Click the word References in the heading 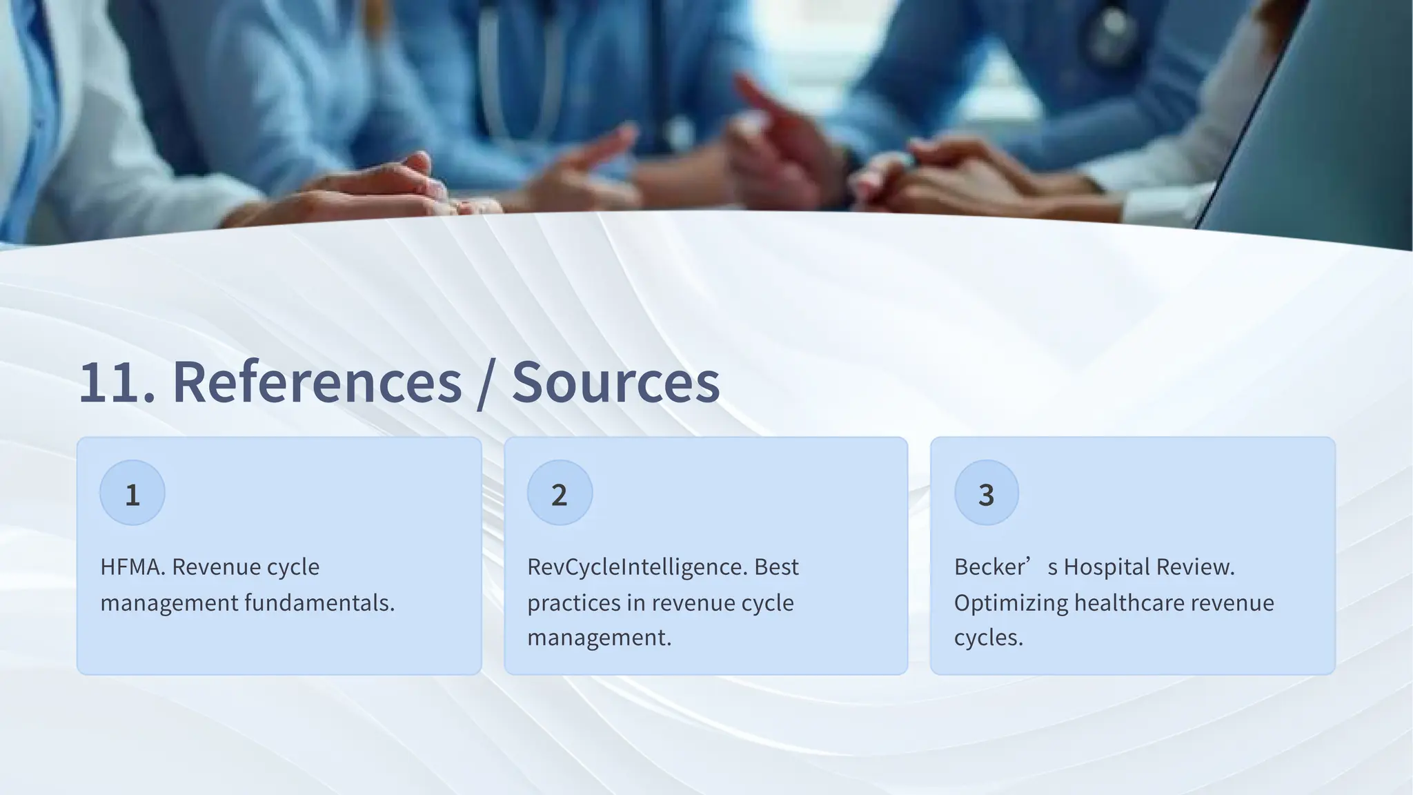click(x=317, y=383)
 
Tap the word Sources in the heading click(x=615, y=383)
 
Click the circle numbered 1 click(x=132, y=493)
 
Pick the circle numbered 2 click(x=560, y=493)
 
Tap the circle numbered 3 click(x=987, y=493)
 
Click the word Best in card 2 click(x=776, y=567)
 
